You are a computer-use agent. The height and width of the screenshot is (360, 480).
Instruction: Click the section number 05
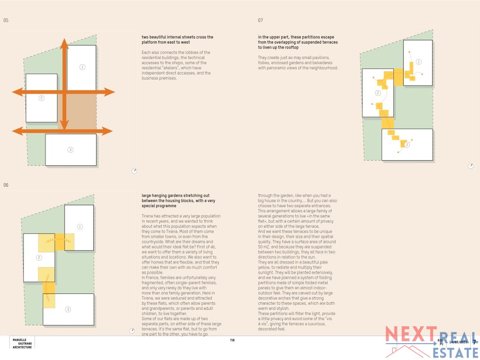coord(6,21)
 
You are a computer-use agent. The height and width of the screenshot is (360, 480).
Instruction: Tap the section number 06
coord(6,185)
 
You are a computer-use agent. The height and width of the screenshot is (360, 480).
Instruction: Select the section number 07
coord(261,21)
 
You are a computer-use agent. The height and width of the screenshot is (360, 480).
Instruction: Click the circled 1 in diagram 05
coord(82,67)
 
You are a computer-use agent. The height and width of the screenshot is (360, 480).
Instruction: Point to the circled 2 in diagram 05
coord(42,97)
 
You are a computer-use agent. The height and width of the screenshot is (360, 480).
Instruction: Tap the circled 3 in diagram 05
coord(70,150)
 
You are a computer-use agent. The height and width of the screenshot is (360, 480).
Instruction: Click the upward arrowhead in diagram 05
coord(65,43)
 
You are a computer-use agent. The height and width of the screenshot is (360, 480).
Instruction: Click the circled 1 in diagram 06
coord(80,227)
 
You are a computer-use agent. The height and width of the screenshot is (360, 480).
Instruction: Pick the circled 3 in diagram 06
coord(68,309)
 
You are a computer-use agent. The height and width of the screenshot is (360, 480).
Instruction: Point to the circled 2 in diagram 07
coord(378,93)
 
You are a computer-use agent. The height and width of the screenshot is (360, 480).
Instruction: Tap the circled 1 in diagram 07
coord(419,62)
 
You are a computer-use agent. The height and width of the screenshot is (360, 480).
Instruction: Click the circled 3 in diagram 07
coord(406,145)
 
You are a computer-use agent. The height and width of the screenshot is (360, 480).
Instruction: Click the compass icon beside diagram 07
coord(471,166)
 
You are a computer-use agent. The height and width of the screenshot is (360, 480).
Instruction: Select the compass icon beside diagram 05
coord(134,171)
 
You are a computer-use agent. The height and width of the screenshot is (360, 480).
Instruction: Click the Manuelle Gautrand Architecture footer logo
coord(22,343)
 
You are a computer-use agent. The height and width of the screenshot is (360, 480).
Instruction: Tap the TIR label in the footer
coord(232,340)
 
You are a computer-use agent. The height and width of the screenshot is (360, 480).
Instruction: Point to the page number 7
coord(474,342)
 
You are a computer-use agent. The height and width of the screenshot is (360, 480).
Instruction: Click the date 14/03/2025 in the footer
coord(458,342)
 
